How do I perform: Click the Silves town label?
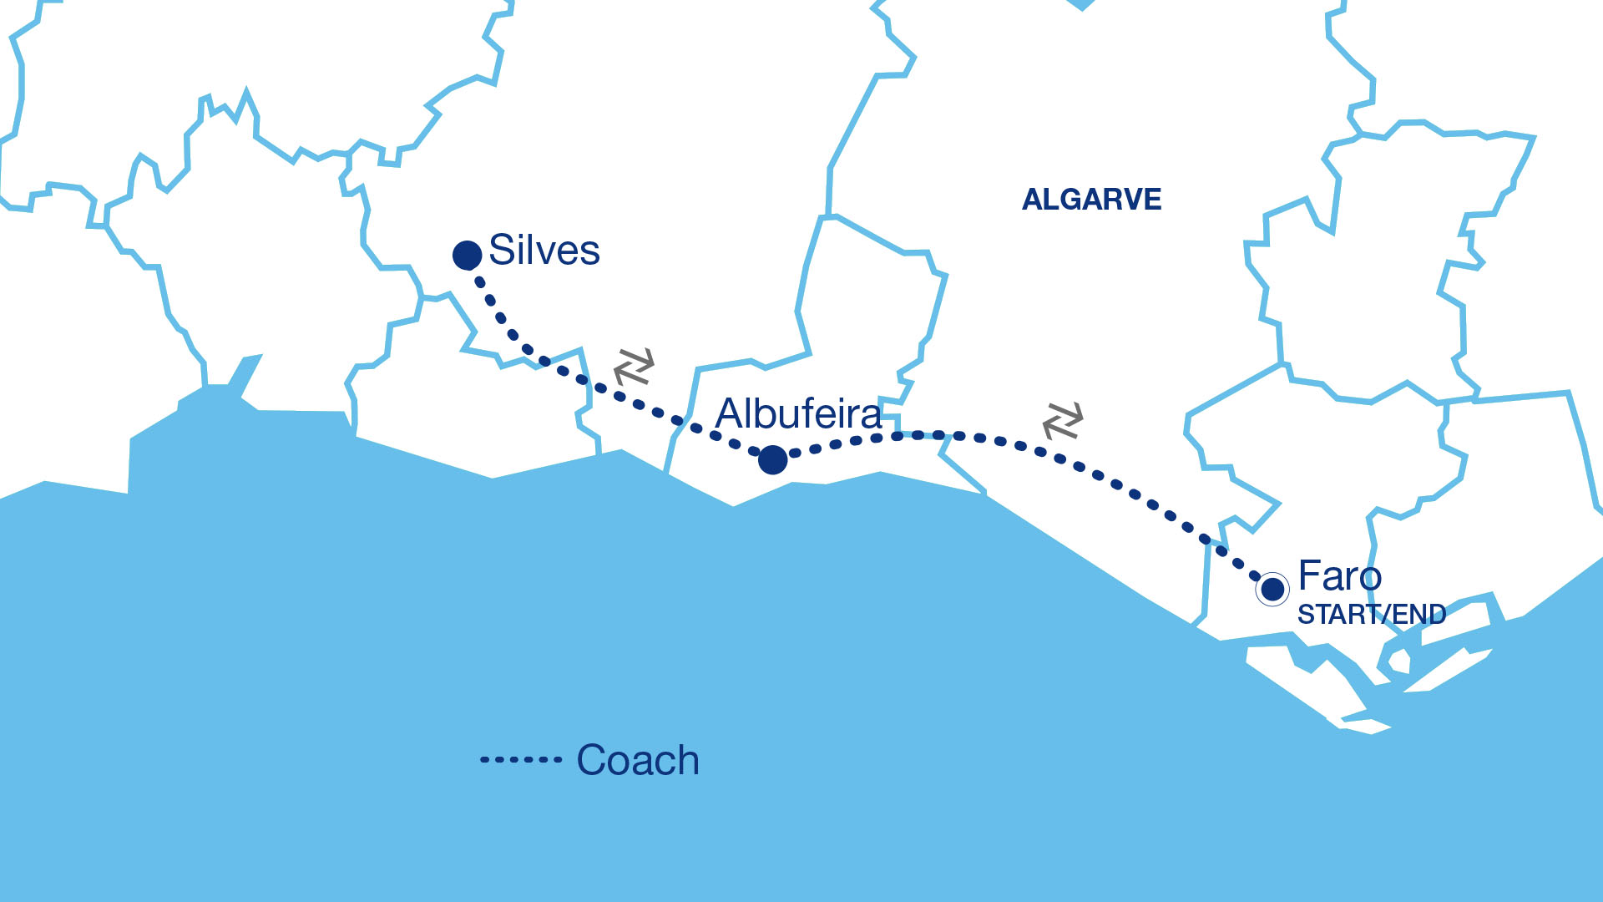(544, 250)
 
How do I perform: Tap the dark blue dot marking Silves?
(467, 255)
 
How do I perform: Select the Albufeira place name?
(798, 413)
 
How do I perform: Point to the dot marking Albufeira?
(773, 459)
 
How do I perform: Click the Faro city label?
(1339, 576)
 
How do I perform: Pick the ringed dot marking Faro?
(1272, 589)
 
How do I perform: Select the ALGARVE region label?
(1091, 200)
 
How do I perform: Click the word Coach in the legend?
(638, 760)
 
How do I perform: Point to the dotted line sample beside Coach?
(520, 760)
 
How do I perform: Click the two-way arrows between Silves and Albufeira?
(634, 366)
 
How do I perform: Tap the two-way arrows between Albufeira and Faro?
(1063, 420)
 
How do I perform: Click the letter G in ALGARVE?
(1071, 200)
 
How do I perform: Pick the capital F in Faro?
(1310, 576)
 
